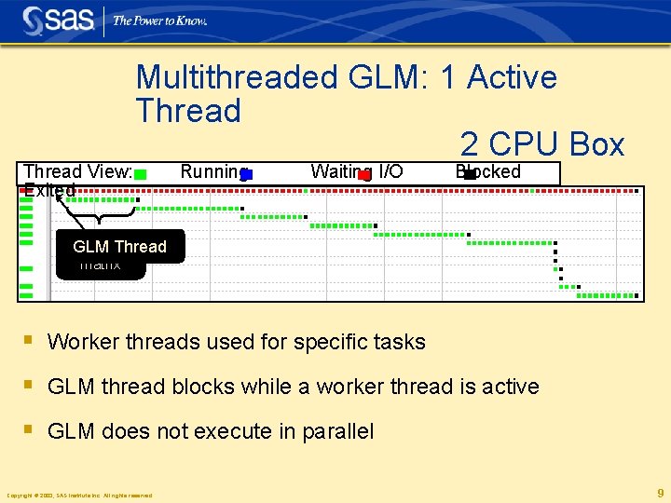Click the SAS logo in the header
tap(58, 20)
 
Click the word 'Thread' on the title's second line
tap(188, 111)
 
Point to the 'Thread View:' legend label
tap(77, 171)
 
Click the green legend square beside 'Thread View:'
tap(140, 173)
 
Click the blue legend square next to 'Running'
tap(246, 173)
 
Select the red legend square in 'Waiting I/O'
tap(364, 173)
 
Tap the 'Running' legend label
tap(212, 171)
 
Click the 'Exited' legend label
tap(49, 191)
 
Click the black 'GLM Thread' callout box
tap(119, 247)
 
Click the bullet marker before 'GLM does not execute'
tap(29, 430)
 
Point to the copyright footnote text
tap(79, 496)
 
